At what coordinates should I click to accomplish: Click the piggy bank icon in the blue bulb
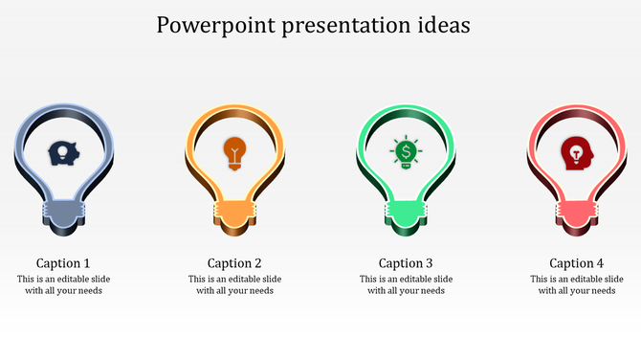[63, 152]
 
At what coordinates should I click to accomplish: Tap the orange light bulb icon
[234, 152]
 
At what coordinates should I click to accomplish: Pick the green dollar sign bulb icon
[406, 152]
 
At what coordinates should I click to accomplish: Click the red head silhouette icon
[576, 152]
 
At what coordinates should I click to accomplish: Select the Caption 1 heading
[63, 263]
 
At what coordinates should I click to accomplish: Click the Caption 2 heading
[234, 263]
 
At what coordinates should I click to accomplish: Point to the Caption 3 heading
[406, 263]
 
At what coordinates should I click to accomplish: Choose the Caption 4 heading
[576, 263]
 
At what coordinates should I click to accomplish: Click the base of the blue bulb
[63, 216]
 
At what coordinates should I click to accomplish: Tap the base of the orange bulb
[234, 216]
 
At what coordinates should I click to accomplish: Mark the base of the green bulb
[406, 216]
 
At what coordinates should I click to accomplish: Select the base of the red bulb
[576, 216]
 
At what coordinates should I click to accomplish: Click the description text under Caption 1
[63, 285]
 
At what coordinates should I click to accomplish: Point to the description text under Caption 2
[234, 285]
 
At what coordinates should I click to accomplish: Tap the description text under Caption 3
[406, 285]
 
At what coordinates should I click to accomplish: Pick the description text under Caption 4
[576, 285]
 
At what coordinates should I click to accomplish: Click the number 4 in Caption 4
[600, 263]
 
